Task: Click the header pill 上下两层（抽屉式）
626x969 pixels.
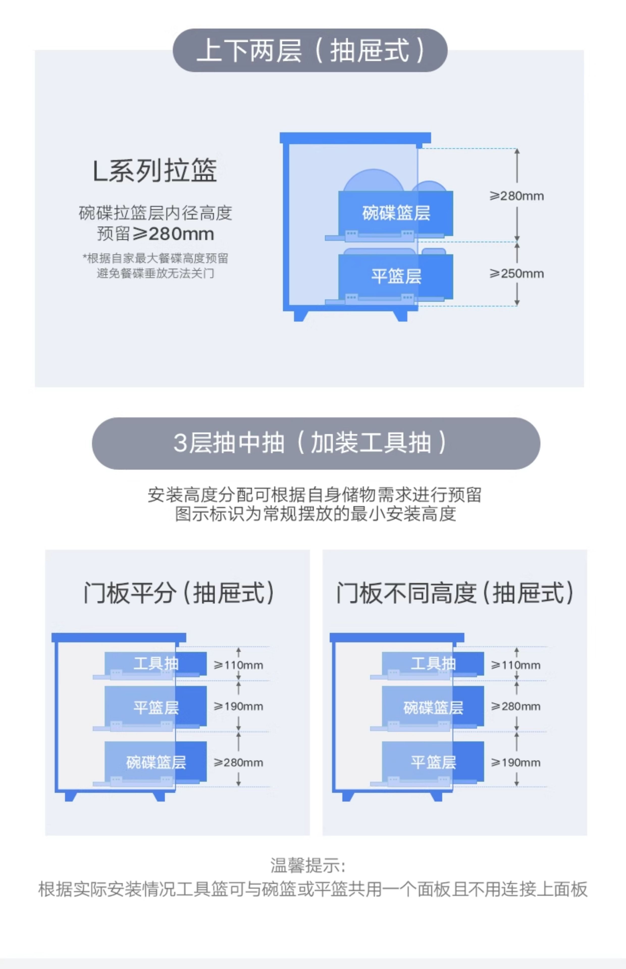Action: point(310,50)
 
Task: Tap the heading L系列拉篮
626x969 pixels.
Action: point(154,171)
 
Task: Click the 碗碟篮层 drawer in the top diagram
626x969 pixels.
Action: point(396,213)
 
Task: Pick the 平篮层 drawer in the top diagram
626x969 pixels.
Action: point(396,276)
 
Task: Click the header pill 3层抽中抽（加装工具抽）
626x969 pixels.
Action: point(316,443)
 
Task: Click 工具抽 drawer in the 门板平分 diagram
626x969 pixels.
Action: point(156,663)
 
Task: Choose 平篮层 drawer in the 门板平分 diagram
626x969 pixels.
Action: point(156,707)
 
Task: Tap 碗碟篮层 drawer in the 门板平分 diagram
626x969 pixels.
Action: point(156,762)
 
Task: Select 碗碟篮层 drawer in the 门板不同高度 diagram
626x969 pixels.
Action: point(433,707)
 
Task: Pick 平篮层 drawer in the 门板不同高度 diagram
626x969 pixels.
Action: point(433,762)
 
